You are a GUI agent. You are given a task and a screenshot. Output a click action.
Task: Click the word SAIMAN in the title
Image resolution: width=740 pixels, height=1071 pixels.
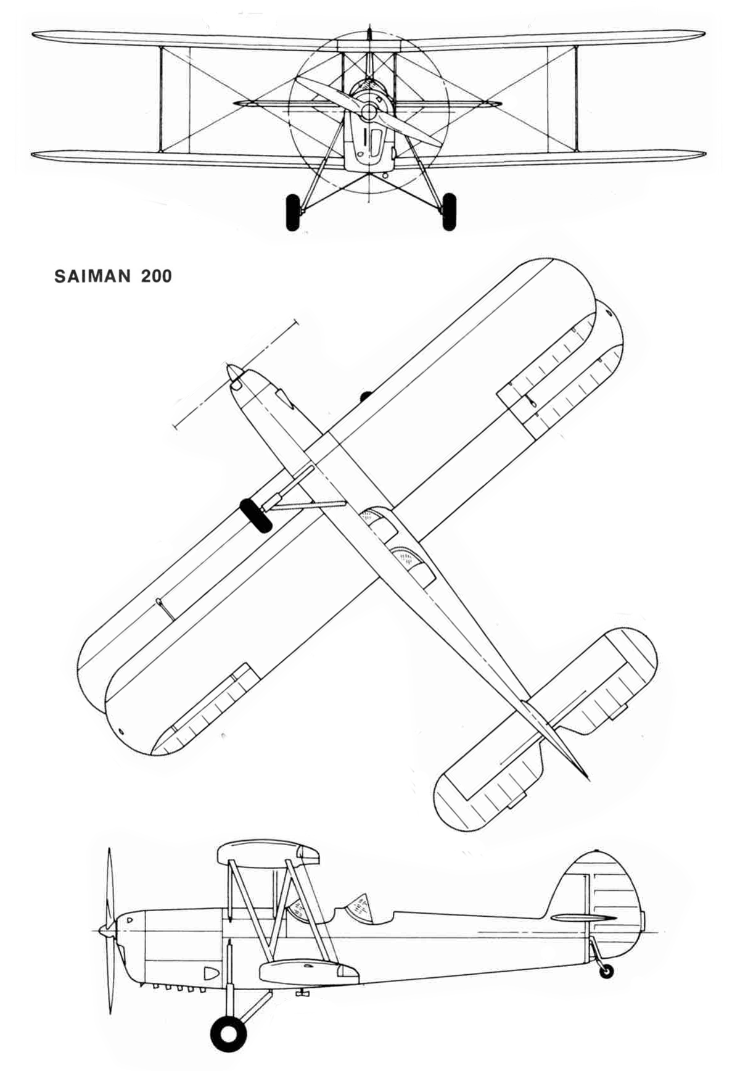coord(92,276)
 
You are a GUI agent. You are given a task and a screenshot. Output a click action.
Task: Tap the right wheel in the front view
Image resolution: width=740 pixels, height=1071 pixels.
coord(450,212)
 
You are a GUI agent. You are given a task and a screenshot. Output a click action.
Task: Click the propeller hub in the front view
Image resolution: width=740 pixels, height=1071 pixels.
coord(369,112)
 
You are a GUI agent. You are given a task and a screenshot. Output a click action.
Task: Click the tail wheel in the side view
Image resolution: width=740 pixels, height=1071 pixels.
coord(607,970)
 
